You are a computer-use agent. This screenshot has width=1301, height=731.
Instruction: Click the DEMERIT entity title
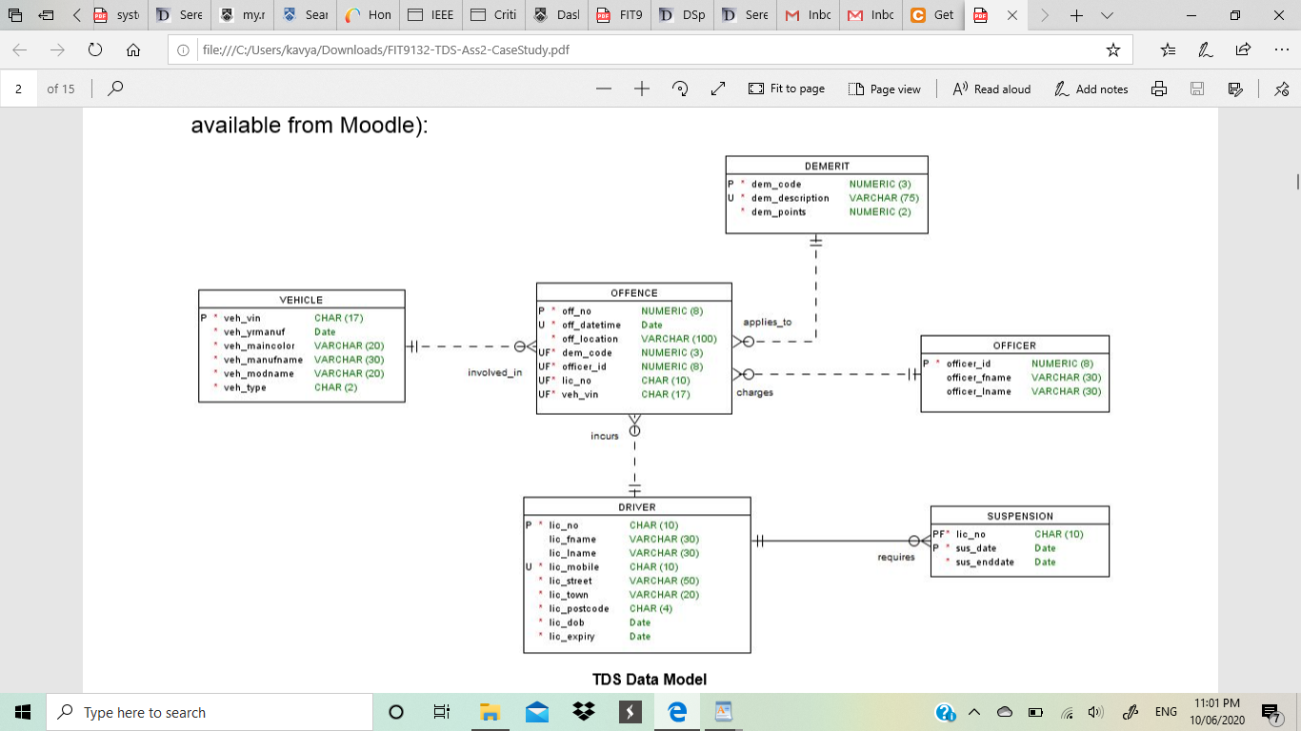click(826, 166)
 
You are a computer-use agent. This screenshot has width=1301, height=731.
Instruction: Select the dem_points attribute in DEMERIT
click(778, 212)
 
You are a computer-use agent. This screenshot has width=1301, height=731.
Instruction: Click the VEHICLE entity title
click(301, 300)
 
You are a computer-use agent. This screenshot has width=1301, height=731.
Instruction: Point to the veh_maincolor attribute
click(259, 346)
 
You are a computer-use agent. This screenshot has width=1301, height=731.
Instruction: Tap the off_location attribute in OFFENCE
click(590, 339)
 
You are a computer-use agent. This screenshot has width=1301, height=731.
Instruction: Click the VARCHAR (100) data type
click(678, 339)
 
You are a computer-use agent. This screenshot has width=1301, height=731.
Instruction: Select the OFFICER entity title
click(1014, 346)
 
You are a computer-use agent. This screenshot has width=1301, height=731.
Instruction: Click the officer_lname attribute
click(978, 391)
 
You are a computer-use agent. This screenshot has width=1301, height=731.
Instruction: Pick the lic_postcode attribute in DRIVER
click(578, 608)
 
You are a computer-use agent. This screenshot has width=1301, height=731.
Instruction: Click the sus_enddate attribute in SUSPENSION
click(985, 562)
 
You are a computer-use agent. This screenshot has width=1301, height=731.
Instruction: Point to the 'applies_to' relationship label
click(767, 322)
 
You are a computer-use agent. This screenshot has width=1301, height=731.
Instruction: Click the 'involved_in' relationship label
click(494, 372)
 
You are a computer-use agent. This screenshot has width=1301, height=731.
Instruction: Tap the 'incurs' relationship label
click(604, 436)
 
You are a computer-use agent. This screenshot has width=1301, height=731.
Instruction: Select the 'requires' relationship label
click(896, 557)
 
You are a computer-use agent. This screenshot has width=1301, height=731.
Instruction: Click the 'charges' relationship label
click(754, 392)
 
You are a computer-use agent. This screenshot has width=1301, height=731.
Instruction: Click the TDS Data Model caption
click(650, 679)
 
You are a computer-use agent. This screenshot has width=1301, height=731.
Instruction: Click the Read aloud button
click(991, 89)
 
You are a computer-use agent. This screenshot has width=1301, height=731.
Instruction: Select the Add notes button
click(1091, 89)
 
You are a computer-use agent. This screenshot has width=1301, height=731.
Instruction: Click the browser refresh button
click(95, 49)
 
